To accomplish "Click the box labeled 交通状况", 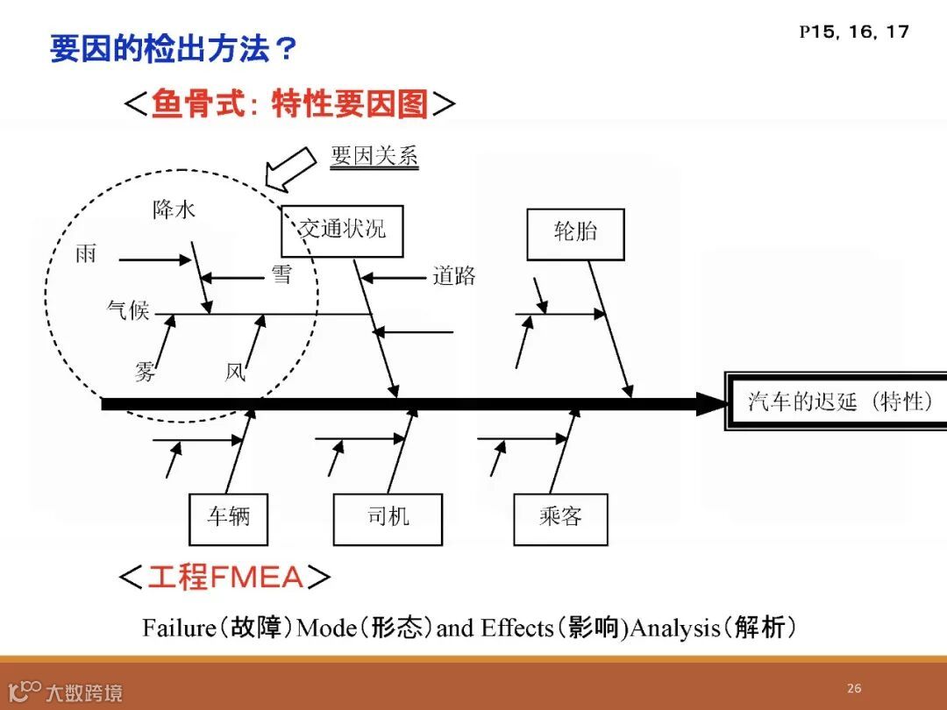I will pyautogui.click(x=342, y=231).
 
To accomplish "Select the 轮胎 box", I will pyautogui.click(x=575, y=234).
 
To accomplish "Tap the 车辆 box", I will pyautogui.click(x=228, y=518).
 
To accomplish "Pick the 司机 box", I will pyautogui.click(x=388, y=518).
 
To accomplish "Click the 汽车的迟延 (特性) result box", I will pyautogui.click(x=837, y=402).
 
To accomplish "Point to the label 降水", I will pyautogui.click(x=174, y=209).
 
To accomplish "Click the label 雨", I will pyautogui.click(x=86, y=254).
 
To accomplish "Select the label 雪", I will pyautogui.click(x=281, y=275).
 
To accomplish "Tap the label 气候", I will pyautogui.click(x=128, y=309).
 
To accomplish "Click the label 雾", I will pyautogui.click(x=146, y=372).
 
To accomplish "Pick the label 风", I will pyautogui.click(x=235, y=373).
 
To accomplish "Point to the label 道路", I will pyautogui.click(x=453, y=277).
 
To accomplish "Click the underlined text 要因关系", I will pyautogui.click(x=374, y=156).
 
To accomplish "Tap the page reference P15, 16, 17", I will pyautogui.click(x=854, y=32).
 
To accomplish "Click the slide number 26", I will pyautogui.click(x=854, y=688).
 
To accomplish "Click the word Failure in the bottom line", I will pyautogui.click(x=179, y=628).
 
